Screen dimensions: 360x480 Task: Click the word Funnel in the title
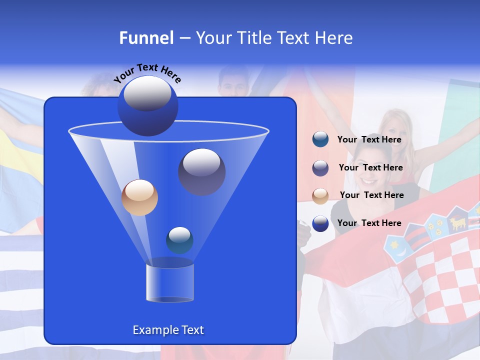(x=146, y=38)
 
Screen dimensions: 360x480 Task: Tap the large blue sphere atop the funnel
(x=147, y=105)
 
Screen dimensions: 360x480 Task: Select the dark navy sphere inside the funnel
(x=201, y=171)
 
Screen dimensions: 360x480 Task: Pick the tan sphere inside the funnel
(x=139, y=197)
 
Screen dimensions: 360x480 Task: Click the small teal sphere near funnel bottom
(x=179, y=240)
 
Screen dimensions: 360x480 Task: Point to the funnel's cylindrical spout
(x=169, y=283)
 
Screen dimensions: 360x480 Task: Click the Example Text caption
(x=168, y=330)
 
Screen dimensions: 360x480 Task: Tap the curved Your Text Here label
(x=147, y=73)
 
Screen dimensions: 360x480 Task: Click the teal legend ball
(x=320, y=139)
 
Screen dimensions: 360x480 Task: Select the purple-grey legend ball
(x=320, y=168)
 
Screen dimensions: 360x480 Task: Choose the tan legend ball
(x=320, y=195)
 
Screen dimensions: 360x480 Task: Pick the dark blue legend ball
(x=320, y=223)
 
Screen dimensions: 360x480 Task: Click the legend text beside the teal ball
(x=369, y=140)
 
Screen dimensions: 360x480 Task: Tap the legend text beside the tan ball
(x=371, y=195)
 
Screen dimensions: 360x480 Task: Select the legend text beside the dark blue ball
(x=369, y=223)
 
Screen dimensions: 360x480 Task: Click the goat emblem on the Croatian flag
(x=458, y=221)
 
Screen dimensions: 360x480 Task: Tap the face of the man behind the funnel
(x=232, y=84)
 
